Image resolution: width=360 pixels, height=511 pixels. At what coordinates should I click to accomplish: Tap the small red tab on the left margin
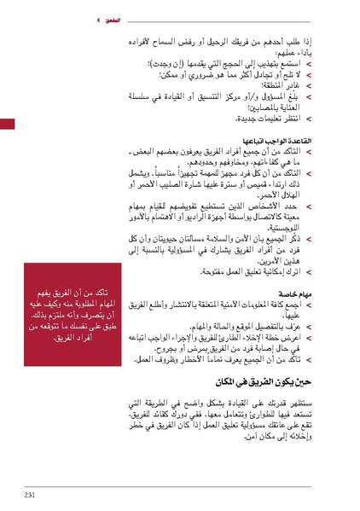(x=7, y=125)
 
